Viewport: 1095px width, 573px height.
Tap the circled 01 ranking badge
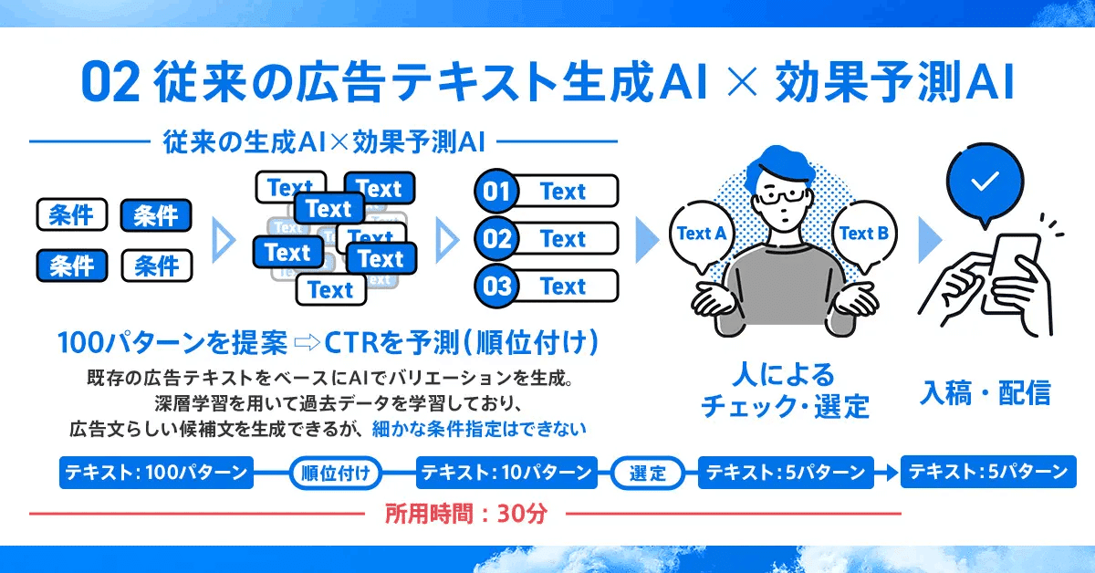497,192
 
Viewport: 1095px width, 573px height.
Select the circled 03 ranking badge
497,286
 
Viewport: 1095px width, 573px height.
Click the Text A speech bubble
701,234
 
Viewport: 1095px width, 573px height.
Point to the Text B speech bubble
863,234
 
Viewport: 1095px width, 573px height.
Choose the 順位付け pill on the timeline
335,473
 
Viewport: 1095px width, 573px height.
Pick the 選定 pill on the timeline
648,473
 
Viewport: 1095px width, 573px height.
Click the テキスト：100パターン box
156,473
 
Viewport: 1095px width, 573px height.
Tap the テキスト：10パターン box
506,473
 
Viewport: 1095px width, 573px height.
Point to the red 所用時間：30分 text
465,514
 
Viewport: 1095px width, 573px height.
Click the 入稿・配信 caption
985,393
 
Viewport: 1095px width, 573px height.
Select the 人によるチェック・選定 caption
785,391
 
